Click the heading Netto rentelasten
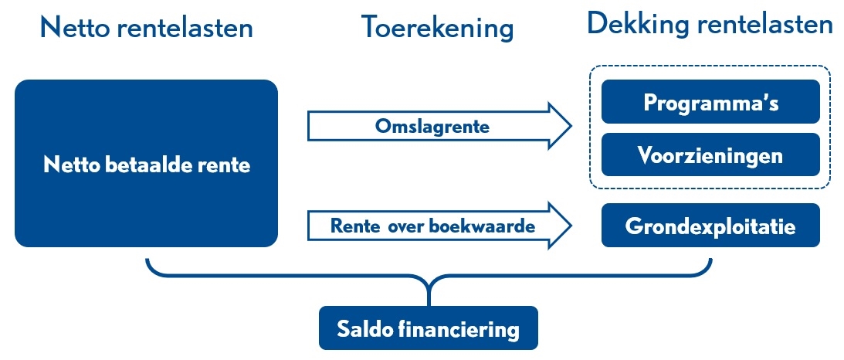click(147, 28)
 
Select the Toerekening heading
click(437, 28)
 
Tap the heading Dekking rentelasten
click(710, 24)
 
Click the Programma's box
click(710, 102)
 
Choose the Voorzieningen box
click(710, 155)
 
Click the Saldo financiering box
click(428, 328)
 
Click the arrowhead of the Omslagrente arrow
click(560, 126)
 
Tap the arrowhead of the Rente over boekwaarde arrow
click(560, 225)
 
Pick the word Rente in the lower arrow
click(352, 226)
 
